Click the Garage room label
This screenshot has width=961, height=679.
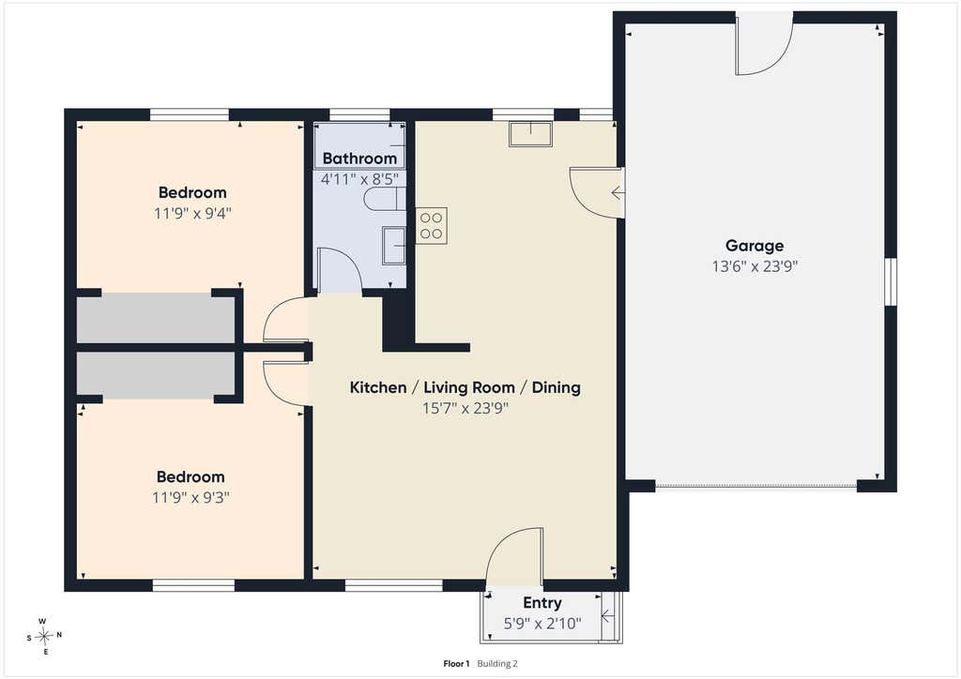755,246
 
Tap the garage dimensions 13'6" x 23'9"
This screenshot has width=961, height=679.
755,266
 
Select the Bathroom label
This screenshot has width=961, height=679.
359,158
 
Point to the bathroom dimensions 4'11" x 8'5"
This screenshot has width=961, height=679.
359,179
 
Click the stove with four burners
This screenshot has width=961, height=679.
432,225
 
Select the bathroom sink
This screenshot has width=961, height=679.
393,245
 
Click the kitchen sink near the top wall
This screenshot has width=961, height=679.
530,134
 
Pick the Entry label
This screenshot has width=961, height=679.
542,603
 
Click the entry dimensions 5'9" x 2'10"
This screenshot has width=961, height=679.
542,624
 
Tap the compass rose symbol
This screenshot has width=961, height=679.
44,637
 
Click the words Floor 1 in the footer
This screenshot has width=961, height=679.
456,664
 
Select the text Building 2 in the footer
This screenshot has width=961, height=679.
497,664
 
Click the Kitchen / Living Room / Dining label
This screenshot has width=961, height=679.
465,387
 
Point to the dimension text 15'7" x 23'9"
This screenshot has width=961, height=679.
465,408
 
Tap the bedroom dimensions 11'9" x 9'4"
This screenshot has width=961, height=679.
192,214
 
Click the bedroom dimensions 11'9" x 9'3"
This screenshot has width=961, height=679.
191,498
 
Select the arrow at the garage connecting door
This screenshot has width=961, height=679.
618,193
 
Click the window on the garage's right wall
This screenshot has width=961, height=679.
892,281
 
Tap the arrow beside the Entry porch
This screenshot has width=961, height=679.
606,616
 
